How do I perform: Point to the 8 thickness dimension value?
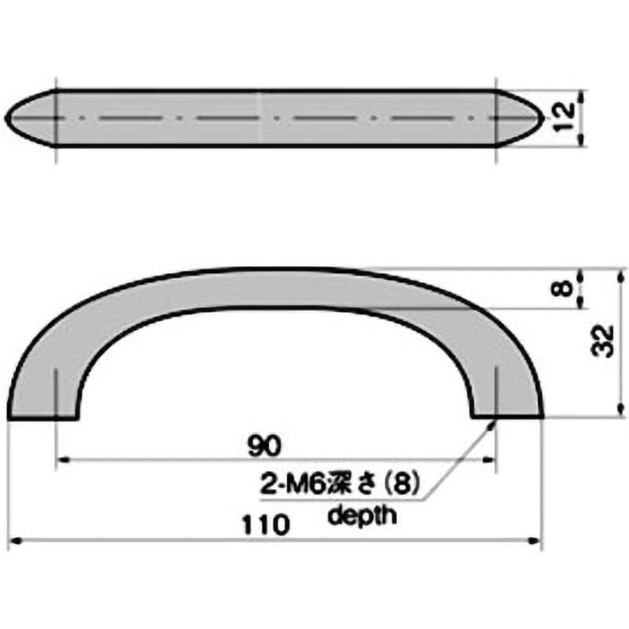point(560,289)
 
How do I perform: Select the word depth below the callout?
point(362,516)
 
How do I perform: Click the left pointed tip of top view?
point(7,117)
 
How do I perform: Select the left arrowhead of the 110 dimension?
point(13,541)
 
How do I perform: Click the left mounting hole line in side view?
point(57,389)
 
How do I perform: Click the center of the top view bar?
point(275,117)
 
